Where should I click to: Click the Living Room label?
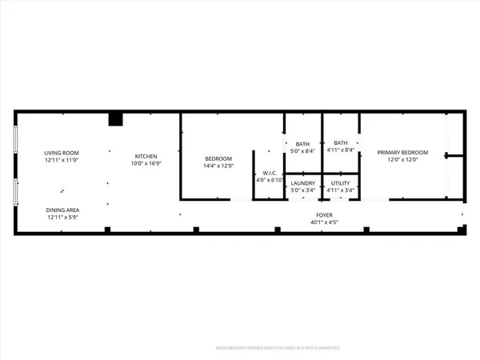61,153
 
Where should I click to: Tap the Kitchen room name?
145,156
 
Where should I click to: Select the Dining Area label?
62,210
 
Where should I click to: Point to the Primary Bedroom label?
403,153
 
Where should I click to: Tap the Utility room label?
340,183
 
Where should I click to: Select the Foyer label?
322,215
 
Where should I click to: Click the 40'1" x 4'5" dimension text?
322,222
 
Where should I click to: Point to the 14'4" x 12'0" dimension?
218,166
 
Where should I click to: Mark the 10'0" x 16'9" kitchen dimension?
145,163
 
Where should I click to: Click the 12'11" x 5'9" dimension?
62,217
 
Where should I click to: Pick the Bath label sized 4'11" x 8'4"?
340,142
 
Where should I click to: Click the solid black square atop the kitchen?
116,119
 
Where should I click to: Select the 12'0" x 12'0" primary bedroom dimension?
403,160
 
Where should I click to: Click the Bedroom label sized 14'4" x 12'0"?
218,159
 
